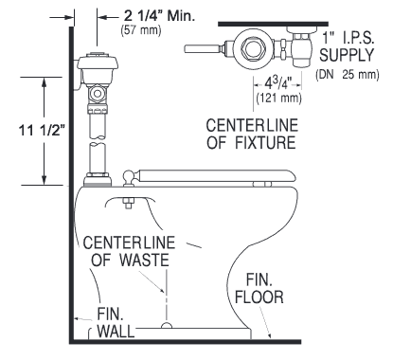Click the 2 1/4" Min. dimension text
tap(160, 16)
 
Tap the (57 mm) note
tap(141, 30)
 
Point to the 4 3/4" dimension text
tap(277, 84)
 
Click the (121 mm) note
tap(279, 99)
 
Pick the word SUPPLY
tap(347, 55)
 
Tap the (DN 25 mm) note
tap(347, 75)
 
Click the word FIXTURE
tap(265, 142)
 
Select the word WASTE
tap(145, 261)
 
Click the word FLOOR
tap(259, 297)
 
